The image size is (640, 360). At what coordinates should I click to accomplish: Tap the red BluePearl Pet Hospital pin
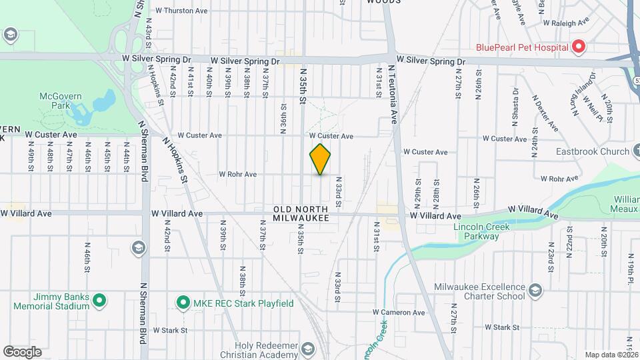click(579, 47)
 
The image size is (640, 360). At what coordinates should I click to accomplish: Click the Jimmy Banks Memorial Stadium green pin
click(99, 301)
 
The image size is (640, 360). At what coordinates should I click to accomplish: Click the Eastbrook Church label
click(593, 151)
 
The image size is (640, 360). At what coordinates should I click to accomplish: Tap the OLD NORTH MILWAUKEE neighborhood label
click(301, 213)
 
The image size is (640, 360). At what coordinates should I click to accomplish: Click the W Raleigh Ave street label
click(566, 22)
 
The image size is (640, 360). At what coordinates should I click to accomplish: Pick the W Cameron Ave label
click(399, 312)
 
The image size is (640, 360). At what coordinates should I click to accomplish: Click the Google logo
click(22, 351)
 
